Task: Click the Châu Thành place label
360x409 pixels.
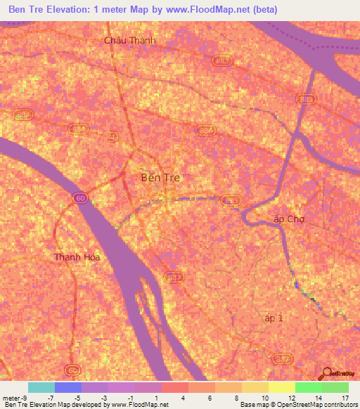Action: (129, 40)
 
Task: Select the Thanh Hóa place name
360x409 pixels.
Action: (77, 257)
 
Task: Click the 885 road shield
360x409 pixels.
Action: (231, 200)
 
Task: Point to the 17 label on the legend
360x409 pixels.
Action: (345, 397)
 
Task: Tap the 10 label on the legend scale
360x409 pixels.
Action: (264, 397)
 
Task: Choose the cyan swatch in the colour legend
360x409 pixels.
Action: (41, 387)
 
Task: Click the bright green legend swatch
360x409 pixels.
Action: (308, 387)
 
